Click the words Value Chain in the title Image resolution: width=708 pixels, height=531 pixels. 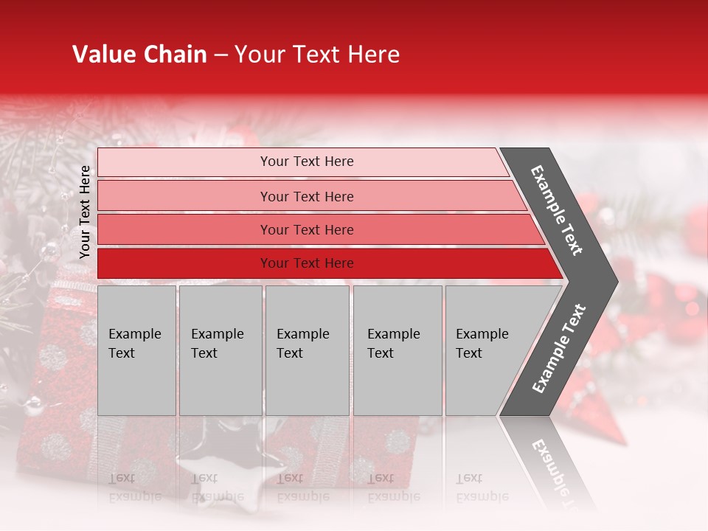coord(139,55)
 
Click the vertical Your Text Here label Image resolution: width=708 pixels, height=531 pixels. coord(85,212)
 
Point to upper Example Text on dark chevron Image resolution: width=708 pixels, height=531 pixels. coord(557,209)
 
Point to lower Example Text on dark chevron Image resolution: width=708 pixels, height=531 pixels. coord(558,349)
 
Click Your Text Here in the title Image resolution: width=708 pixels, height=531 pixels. coord(317,55)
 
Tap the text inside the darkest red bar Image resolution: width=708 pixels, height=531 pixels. coord(307,263)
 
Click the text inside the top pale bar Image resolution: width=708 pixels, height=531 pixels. coord(307,162)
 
